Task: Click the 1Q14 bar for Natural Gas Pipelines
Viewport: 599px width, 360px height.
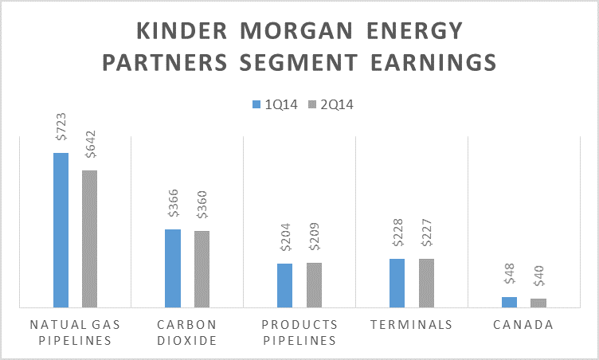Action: tap(61, 229)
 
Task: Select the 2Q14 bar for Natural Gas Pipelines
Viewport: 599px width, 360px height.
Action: tap(89, 238)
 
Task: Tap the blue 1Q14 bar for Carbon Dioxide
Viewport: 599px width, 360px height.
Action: tap(173, 268)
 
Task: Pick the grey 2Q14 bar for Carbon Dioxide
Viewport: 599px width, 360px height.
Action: tap(202, 268)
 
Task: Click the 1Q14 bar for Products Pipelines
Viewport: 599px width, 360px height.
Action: tap(284, 285)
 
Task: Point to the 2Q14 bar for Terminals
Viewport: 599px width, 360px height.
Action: tap(426, 283)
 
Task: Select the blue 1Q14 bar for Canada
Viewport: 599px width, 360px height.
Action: tap(509, 302)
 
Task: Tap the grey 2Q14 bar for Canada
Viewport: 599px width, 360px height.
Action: tap(538, 303)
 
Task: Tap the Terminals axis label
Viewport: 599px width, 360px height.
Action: tap(411, 325)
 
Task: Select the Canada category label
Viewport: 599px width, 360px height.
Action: tap(523, 325)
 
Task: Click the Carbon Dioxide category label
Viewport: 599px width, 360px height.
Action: tap(187, 332)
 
